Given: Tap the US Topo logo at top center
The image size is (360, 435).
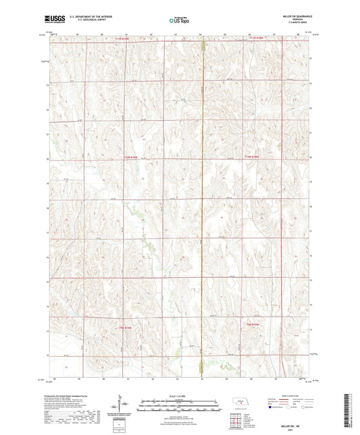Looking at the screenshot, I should click(179, 20).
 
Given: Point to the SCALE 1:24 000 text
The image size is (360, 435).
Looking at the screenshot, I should click(179, 394).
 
